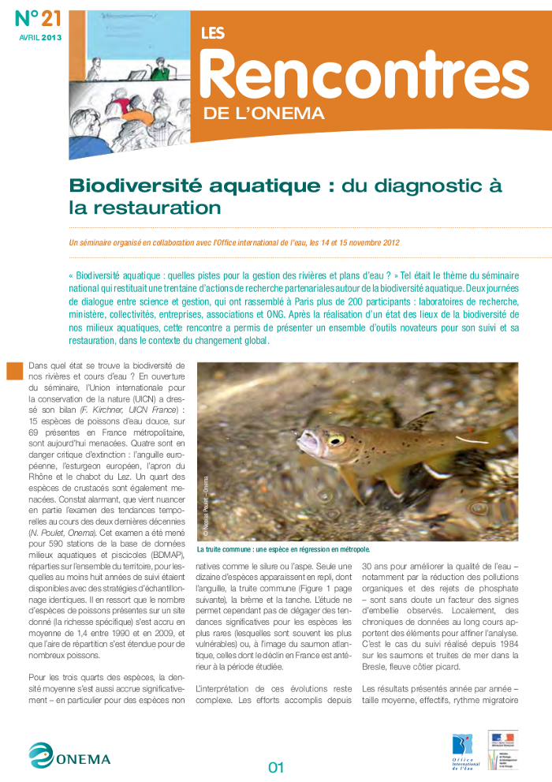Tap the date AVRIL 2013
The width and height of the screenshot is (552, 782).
click(39, 37)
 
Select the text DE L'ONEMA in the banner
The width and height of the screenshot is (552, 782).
click(263, 113)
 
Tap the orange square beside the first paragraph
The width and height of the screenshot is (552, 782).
click(14, 371)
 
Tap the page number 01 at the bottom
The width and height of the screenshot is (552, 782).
click(275, 766)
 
